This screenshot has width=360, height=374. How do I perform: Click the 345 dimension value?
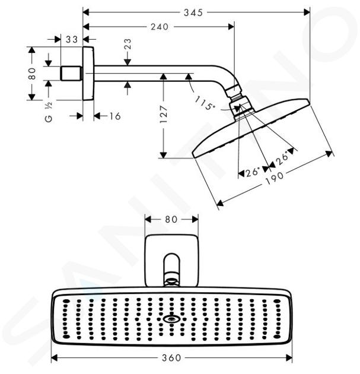(193, 12)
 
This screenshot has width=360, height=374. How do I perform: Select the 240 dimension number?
(160, 27)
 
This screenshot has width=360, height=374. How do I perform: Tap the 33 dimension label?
(72, 39)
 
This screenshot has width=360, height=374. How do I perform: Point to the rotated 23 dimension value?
(128, 44)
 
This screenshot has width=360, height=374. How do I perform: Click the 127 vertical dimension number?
(164, 114)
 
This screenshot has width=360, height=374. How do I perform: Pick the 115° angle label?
(205, 103)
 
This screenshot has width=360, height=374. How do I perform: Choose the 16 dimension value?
(115, 116)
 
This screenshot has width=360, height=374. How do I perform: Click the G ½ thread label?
(49, 112)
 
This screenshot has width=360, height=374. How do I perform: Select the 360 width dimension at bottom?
(171, 358)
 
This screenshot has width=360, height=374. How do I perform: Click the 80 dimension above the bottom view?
(171, 219)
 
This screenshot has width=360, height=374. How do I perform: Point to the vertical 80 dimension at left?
(31, 74)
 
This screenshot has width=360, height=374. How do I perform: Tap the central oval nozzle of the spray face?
(171, 319)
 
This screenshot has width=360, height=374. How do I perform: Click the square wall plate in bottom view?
(171, 261)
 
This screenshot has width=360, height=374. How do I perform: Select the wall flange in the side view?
(88, 74)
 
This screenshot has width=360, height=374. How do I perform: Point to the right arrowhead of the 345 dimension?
(307, 12)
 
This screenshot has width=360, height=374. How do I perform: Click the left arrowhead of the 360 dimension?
(55, 358)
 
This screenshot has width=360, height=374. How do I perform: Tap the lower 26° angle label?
(253, 172)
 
